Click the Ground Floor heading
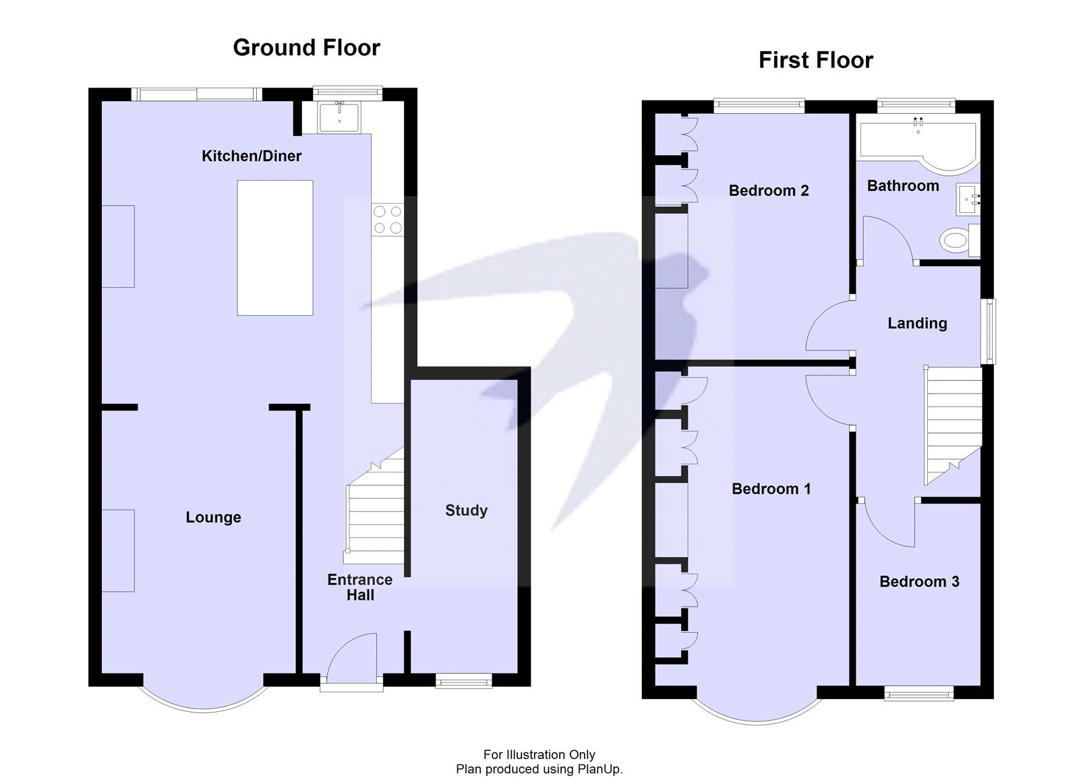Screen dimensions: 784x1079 point(306,48)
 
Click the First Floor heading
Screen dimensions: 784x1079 point(815,60)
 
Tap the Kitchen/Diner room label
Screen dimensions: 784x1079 point(252,156)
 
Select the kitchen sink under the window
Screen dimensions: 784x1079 point(339,117)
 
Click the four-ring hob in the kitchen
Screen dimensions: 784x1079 point(387,220)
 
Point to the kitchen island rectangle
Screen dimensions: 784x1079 point(275,247)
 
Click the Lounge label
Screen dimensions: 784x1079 point(213,518)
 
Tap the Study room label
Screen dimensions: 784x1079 point(466,510)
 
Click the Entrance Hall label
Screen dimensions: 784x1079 point(359,587)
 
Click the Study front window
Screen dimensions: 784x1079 point(464,682)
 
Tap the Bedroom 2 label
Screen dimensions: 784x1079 point(768,191)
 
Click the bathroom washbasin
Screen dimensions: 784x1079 point(968,200)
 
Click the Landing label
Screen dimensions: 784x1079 point(916,324)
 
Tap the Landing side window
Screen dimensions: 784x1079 point(989,331)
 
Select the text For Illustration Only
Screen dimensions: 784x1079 point(539,755)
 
